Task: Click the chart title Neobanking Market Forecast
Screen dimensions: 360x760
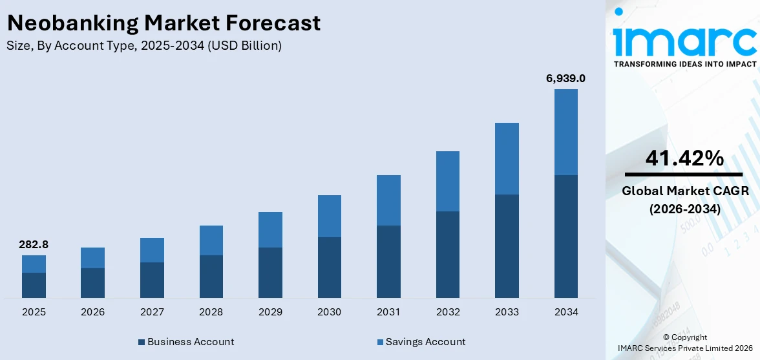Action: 163,23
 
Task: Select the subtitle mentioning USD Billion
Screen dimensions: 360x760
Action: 144,46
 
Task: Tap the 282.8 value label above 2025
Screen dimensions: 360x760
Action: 34,245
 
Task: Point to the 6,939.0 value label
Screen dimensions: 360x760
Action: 565,79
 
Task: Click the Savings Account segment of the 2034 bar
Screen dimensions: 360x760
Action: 565,132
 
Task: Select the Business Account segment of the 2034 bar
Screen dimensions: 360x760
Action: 565,236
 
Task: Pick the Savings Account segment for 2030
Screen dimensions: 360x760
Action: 329,216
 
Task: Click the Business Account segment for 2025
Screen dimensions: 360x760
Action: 34,285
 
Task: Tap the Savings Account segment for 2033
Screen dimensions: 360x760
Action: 507,158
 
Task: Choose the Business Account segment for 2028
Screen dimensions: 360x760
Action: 211,276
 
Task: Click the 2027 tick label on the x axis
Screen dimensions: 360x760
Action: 152,312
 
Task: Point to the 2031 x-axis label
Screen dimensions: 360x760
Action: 388,312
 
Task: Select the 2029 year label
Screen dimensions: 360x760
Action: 270,312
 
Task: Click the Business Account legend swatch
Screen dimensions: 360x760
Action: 142,342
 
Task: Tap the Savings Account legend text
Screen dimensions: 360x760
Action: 425,342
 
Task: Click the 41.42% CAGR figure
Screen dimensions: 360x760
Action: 684,158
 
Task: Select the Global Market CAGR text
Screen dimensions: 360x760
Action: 684,191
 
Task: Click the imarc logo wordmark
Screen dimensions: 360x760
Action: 684,40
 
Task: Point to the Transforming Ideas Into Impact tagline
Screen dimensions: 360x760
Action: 684,64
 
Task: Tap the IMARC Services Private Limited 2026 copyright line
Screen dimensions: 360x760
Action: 684,348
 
